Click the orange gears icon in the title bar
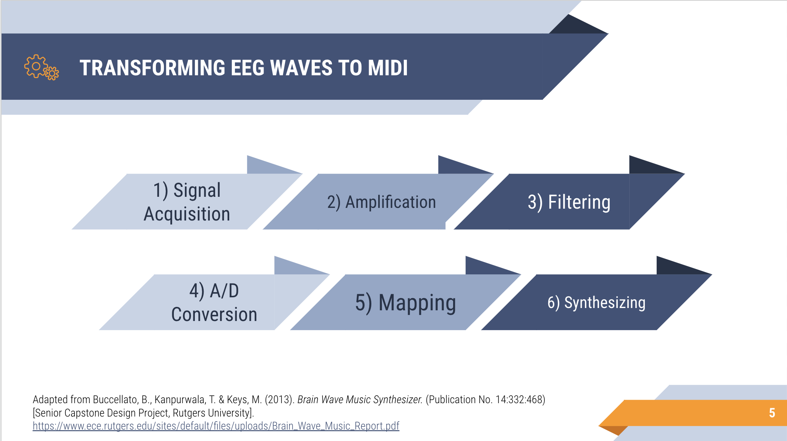[41, 67]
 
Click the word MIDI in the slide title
[388, 68]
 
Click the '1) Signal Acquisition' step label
[187, 202]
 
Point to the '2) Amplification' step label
[381, 202]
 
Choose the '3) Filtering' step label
[569, 202]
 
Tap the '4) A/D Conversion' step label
[214, 302]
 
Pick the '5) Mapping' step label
[405, 303]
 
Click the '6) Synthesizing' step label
[596, 303]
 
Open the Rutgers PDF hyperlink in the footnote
[216, 426]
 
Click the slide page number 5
[772, 413]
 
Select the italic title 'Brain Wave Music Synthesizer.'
[360, 399]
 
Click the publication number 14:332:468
[519, 399]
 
